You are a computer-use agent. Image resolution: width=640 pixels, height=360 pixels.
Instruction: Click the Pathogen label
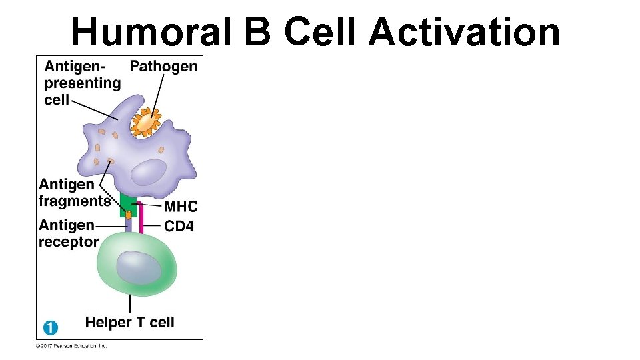pyautogui.click(x=163, y=66)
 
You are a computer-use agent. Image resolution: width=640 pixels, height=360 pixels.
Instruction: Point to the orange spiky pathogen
pyautogui.click(x=145, y=123)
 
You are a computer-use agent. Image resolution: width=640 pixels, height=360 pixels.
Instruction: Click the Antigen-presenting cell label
pyautogui.click(x=81, y=83)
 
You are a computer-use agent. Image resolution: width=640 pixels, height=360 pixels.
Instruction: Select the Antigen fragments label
pyautogui.click(x=74, y=193)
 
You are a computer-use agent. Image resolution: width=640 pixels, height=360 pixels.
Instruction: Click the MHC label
pyautogui.click(x=180, y=207)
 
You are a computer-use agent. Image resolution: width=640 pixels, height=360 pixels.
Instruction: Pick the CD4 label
pyautogui.click(x=179, y=227)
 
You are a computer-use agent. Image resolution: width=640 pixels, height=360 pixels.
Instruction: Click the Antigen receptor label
pyautogui.click(x=69, y=233)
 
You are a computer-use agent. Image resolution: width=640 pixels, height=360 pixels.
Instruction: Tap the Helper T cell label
pyautogui.click(x=129, y=323)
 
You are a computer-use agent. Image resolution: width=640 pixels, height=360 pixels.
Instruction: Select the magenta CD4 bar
pyautogui.click(x=142, y=217)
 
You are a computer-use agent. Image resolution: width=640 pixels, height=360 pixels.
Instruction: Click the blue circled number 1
pyautogui.click(x=51, y=327)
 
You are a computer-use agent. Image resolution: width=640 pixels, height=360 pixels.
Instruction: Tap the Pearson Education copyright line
pyautogui.click(x=71, y=345)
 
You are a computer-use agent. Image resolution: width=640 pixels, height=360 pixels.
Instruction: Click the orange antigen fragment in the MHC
pyautogui.click(x=129, y=215)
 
